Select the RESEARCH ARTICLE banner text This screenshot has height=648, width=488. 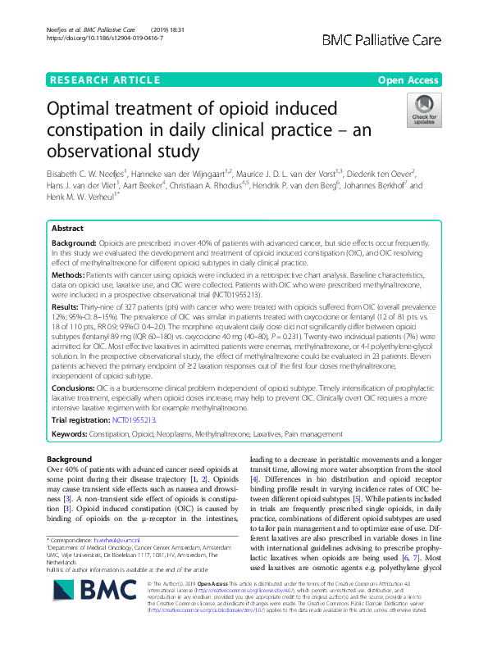click(x=105, y=79)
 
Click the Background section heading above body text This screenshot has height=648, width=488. click(x=70, y=460)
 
